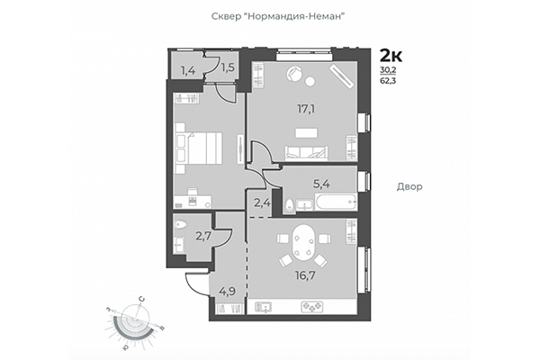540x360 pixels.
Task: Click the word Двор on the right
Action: [x=409, y=186]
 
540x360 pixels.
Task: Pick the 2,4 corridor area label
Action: [x=262, y=202]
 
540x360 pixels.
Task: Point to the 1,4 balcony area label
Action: [x=189, y=69]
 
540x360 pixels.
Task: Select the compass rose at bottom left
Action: [x=136, y=319]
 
